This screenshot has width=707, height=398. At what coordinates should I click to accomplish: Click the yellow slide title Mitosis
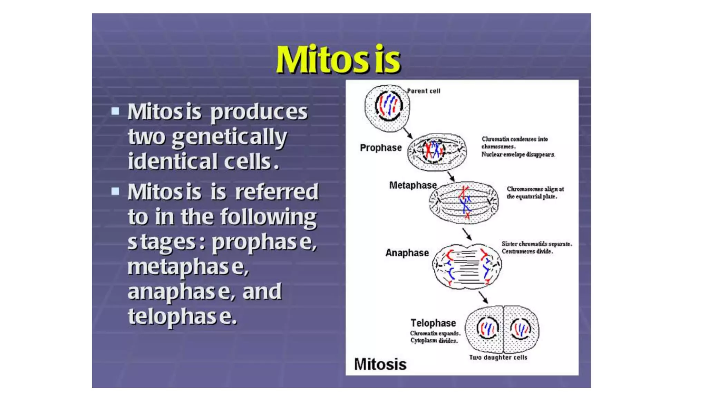pyautogui.click(x=338, y=59)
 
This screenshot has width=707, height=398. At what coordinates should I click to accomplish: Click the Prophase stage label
pyautogui.click(x=381, y=148)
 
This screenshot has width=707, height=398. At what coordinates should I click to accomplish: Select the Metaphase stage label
pyautogui.click(x=413, y=186)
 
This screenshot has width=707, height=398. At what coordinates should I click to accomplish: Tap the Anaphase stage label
pyautogui.click(x=407, y=253)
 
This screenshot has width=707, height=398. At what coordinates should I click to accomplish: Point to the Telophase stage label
pyautogui.click(x=433, y=323)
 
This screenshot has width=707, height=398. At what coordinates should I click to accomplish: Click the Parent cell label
pyautogui.click(x=424, y=91)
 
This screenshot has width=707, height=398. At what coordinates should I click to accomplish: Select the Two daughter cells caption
pyautogui.click(x=498, y=358)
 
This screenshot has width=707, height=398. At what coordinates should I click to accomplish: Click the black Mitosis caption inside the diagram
pyautogui.click(x=380, y=364)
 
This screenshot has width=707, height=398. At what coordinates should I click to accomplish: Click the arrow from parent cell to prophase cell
pyautogui.click(x=408, y=133)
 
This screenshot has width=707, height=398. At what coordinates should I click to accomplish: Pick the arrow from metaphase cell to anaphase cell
pyautogui.click(x=467, y=234)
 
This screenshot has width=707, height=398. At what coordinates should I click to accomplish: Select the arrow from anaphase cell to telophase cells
pyautogui.click(x=483, y=297)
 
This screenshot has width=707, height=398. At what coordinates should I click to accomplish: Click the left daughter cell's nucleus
pyautogui.click(x=487, y=328)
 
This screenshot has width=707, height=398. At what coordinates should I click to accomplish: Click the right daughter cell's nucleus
pyautogui.click(x=521, y=329)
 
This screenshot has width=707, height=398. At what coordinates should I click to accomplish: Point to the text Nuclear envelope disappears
pyautogui.click(x=518, y=154)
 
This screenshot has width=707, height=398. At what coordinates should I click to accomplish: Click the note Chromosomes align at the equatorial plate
pyautogui.click(x=535, y=193)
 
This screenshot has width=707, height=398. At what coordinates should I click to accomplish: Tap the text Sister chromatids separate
pyautogui.click(x=536, y=244)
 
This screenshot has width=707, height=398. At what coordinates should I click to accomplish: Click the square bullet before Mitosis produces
pyautogui.click(x=115, y=111)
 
